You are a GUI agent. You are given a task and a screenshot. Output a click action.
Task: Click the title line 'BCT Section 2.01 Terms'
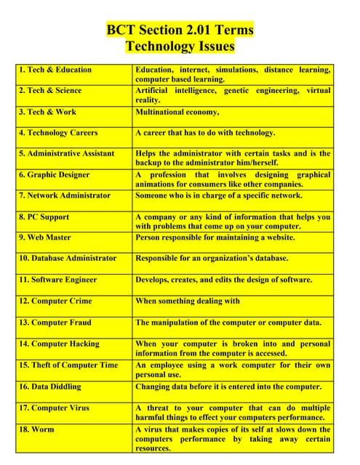pos(180,30)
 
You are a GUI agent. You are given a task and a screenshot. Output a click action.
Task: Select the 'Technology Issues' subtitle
pos(180,46)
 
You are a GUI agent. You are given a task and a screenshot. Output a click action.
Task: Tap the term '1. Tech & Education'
pos(56,70)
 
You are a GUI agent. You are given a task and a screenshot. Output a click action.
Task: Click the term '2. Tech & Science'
pos(51,91)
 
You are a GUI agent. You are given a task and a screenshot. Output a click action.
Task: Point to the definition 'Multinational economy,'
pos(177,112)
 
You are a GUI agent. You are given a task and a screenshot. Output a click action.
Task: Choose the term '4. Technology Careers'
pos(58,133)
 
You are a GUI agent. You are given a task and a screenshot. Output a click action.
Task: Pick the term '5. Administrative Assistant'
pos(67,153)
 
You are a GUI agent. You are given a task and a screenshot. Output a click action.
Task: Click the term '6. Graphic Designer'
pos(55,174)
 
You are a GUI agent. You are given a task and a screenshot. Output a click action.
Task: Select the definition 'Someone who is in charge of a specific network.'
pos(218,195)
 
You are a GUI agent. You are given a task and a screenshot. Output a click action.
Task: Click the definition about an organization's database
pos(212,258)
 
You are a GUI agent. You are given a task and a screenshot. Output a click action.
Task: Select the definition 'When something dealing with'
pos(188,301)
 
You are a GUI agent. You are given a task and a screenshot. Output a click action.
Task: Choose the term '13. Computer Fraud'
pos(55,322)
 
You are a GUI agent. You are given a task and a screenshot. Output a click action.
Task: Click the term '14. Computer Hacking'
pos(59,344)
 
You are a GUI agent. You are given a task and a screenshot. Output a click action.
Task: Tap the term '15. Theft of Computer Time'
pos(68,365)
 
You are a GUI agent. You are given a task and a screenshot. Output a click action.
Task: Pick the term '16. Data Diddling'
pos(50,387)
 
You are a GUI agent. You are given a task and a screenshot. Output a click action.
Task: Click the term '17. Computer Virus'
pos(55,408)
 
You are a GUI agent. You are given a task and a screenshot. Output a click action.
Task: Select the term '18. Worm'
pos(36,429)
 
